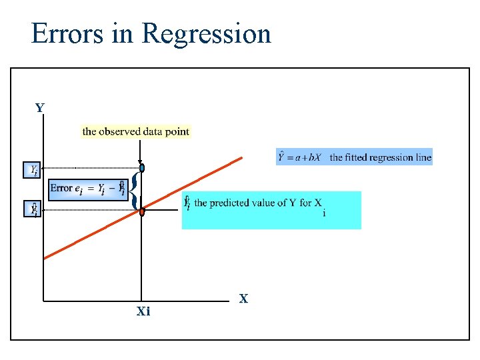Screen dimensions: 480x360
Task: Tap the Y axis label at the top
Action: click(40, 108)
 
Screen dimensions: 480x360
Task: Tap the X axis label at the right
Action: click(243, 299)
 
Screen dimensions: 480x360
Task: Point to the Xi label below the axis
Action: click(143, 311)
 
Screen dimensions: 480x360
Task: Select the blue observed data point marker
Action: click(142, 168)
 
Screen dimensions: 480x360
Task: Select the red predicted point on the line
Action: click(142, 211)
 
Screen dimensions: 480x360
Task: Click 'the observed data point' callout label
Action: click(136, 131)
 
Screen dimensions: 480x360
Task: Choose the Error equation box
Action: click(87, 188)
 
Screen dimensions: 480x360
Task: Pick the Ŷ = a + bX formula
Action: click(301, 157)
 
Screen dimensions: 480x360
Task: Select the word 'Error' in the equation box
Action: click(61, 188)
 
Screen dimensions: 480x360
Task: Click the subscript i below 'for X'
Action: click(324, 214)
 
